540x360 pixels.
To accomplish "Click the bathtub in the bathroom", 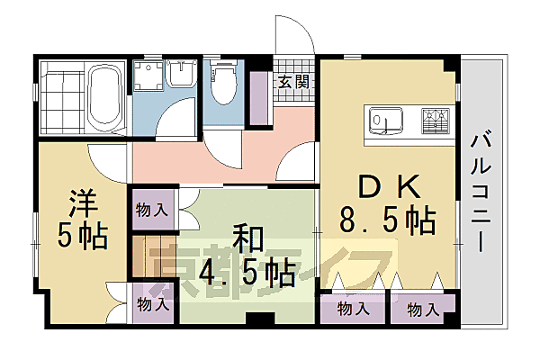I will [104, 94].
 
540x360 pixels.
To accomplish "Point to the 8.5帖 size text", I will [386, 219].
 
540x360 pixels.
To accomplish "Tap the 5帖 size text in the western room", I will [82, 236].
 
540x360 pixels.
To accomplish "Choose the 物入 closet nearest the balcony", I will [422, 310].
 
